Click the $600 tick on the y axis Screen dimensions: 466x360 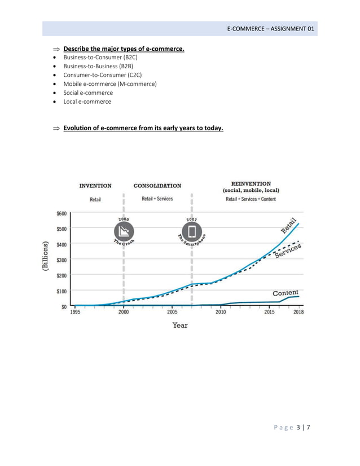(x=61, y=213)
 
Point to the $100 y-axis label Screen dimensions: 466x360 (x=61, y=291)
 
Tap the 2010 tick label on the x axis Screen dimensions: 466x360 (x=220, y=312)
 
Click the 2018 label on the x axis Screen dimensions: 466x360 (x=298, y=312)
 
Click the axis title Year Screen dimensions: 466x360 (x=180, y=325)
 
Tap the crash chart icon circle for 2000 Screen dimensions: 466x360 (x=124, y=231)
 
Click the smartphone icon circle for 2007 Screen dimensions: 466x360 (x=191, y=231)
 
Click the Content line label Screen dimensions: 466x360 (x=285, y=293)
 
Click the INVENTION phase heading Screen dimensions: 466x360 (x=95, y=186)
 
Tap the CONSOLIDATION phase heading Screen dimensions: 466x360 (x=157, y=186)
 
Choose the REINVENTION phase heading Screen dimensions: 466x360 (x=251, y=183)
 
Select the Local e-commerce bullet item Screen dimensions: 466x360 (x=87, y=102)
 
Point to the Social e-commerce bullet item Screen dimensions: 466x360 (x=88, y=93)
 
